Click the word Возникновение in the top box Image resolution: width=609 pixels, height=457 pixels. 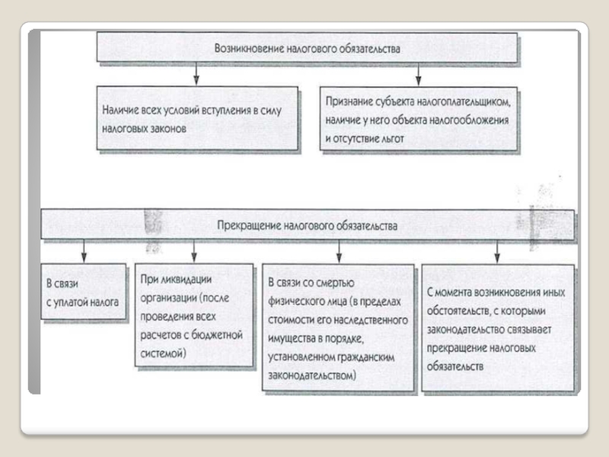(249, 49)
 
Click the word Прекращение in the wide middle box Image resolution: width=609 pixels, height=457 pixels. (249, 225)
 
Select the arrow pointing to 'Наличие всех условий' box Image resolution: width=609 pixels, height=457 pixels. (196, 73)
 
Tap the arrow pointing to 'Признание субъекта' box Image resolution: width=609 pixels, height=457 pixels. (418, 73)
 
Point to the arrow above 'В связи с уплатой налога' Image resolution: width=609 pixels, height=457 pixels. (84, 251)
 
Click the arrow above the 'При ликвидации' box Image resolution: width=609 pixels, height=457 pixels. (194, 251)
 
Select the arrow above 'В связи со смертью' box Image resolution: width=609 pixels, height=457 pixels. (339, 251)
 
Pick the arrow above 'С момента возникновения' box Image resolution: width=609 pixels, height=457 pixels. (497, 251)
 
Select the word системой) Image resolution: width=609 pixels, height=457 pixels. (163, 353)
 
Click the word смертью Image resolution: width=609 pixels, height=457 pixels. (335, 283)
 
